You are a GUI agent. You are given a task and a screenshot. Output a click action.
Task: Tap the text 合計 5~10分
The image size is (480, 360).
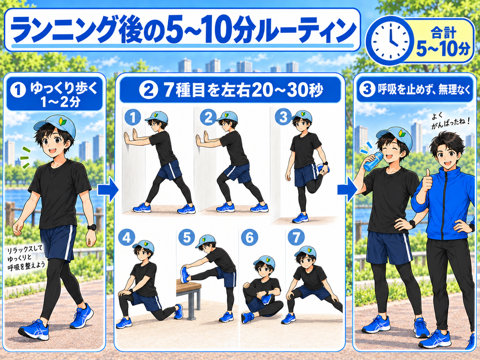(x=443, y=41)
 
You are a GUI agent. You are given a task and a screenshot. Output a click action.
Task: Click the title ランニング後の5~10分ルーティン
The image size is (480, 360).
(x=183, y=30)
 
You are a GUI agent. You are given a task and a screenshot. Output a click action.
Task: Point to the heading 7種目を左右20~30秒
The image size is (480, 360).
(x=243, y=90)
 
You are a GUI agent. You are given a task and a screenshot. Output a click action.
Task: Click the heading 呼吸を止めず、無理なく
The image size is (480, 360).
(x=424, y=90)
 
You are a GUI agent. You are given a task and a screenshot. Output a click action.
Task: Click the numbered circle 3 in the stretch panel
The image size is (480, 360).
(x=283, y=117)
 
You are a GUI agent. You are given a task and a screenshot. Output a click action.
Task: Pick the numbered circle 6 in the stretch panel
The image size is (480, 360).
(x=249, y=237)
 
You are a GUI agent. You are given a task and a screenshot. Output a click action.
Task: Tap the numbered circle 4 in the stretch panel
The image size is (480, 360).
(x=127, y=237)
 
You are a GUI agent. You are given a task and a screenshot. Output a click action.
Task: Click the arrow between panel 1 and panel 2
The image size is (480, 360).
(x=108, y=190)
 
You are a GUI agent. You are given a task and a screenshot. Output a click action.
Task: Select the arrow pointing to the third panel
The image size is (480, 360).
(x=347, y=190)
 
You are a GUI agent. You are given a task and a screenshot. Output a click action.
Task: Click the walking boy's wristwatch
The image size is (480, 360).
(x=91, y=227)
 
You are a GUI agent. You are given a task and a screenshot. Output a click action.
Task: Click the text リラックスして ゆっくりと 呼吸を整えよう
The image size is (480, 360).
(x=26, y=258)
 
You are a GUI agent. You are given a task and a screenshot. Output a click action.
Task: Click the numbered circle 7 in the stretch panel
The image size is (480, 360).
(x=296, y=237)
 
